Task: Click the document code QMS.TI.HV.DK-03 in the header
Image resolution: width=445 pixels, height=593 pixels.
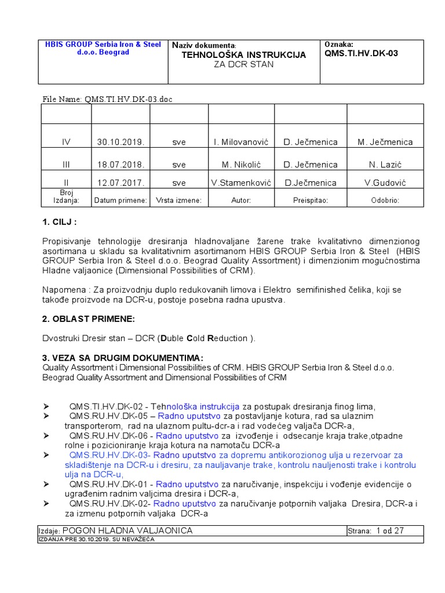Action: [x=362, y=54]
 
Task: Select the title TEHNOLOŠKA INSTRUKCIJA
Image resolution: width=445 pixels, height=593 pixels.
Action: [x=243, y=54]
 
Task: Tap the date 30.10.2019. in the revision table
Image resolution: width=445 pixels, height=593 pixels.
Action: [x=121, y=142]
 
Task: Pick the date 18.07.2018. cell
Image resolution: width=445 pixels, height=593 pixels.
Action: [x=121, y=164]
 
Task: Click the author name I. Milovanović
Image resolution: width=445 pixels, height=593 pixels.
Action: [x=240, y=142]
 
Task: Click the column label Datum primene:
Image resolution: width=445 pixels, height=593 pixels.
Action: [x=121, y=200]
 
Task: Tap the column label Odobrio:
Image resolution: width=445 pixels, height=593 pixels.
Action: [x=385, y=200]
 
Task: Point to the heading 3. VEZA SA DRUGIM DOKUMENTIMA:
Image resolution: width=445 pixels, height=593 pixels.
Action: [x=123, y=357]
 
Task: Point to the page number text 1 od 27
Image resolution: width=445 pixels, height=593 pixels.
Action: [x=389, y=530]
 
